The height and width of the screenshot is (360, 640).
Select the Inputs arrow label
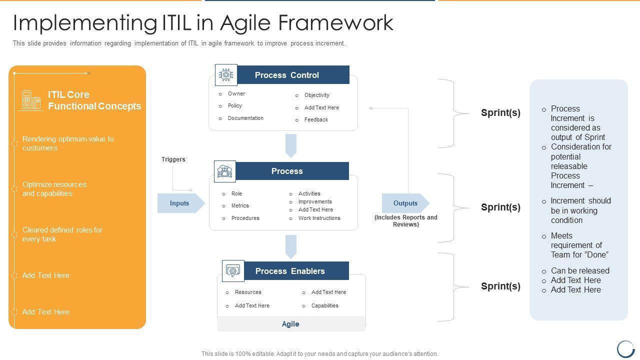coord(179,203)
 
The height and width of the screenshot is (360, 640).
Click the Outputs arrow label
coord(405,203)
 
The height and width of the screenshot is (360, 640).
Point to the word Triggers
coord(173,159)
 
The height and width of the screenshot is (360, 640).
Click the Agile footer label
coord(290,324)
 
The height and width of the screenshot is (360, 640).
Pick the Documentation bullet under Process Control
coord(245,118)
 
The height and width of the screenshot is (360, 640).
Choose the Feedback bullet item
coord(316,119)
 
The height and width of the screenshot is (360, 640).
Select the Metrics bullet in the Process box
coord(240,205)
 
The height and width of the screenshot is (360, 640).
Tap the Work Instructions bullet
coord(319,218)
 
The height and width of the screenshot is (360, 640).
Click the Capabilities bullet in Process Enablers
coord(324,305)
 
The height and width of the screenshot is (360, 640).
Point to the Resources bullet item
coord(248,292)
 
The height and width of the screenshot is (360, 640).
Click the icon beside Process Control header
coord(226,75)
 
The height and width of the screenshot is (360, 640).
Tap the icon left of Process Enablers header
coord(233,271)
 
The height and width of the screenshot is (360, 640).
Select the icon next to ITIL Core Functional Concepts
coord(31,100)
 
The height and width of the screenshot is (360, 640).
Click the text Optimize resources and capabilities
coord(54,189)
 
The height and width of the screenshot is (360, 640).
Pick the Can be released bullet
coord(580,270)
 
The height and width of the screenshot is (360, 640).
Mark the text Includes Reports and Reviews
coord(405,221)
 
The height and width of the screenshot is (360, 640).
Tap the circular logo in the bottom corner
coord(625,348)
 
